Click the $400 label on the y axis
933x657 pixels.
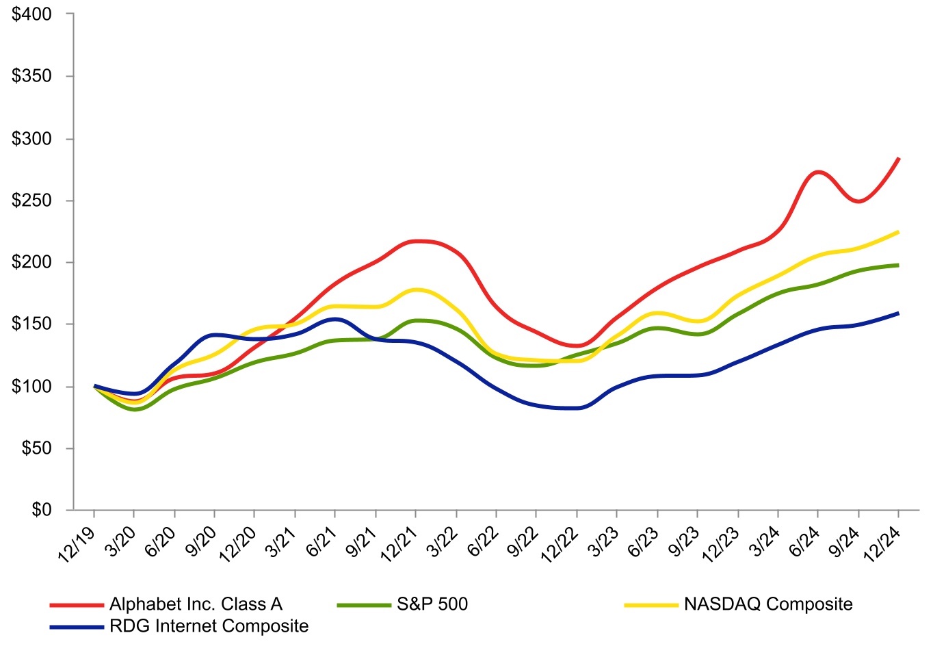click(x=31, y=14)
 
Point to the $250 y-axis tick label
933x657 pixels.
click(x=31, y=201)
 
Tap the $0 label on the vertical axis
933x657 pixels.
click(x=42, y=510)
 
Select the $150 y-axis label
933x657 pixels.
click(x=31, y=324)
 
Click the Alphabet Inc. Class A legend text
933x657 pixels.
click(x=196, y=604)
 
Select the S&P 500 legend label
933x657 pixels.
click(x=432, y=604)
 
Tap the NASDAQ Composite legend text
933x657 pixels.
click(x=768, y=604)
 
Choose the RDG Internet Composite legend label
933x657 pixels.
click(x=209, y=626)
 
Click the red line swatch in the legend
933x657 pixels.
click(x=76, y=605)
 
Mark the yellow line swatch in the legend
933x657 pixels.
click(x=651, y=605)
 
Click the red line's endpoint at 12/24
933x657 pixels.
click(x=898, y=159)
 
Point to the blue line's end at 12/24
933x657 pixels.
click(x=898, y=313)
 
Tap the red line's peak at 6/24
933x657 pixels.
click(x=819, y=172)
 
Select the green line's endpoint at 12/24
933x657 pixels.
click(x=898, y=265)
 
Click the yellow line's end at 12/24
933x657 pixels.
click(x=898, y=232)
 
